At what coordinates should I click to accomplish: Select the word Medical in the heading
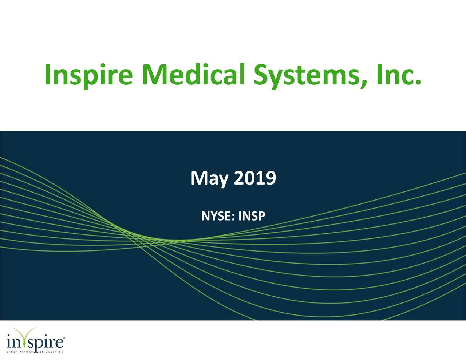tap(193, 74)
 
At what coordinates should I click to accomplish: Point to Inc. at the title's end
tap(400, 74)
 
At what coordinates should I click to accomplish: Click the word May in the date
tap(210, 179)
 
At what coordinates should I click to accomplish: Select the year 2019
tap(254, 178)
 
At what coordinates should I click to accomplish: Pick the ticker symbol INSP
tap(252, 217)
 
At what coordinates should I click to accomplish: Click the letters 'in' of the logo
tap(15, 343)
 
